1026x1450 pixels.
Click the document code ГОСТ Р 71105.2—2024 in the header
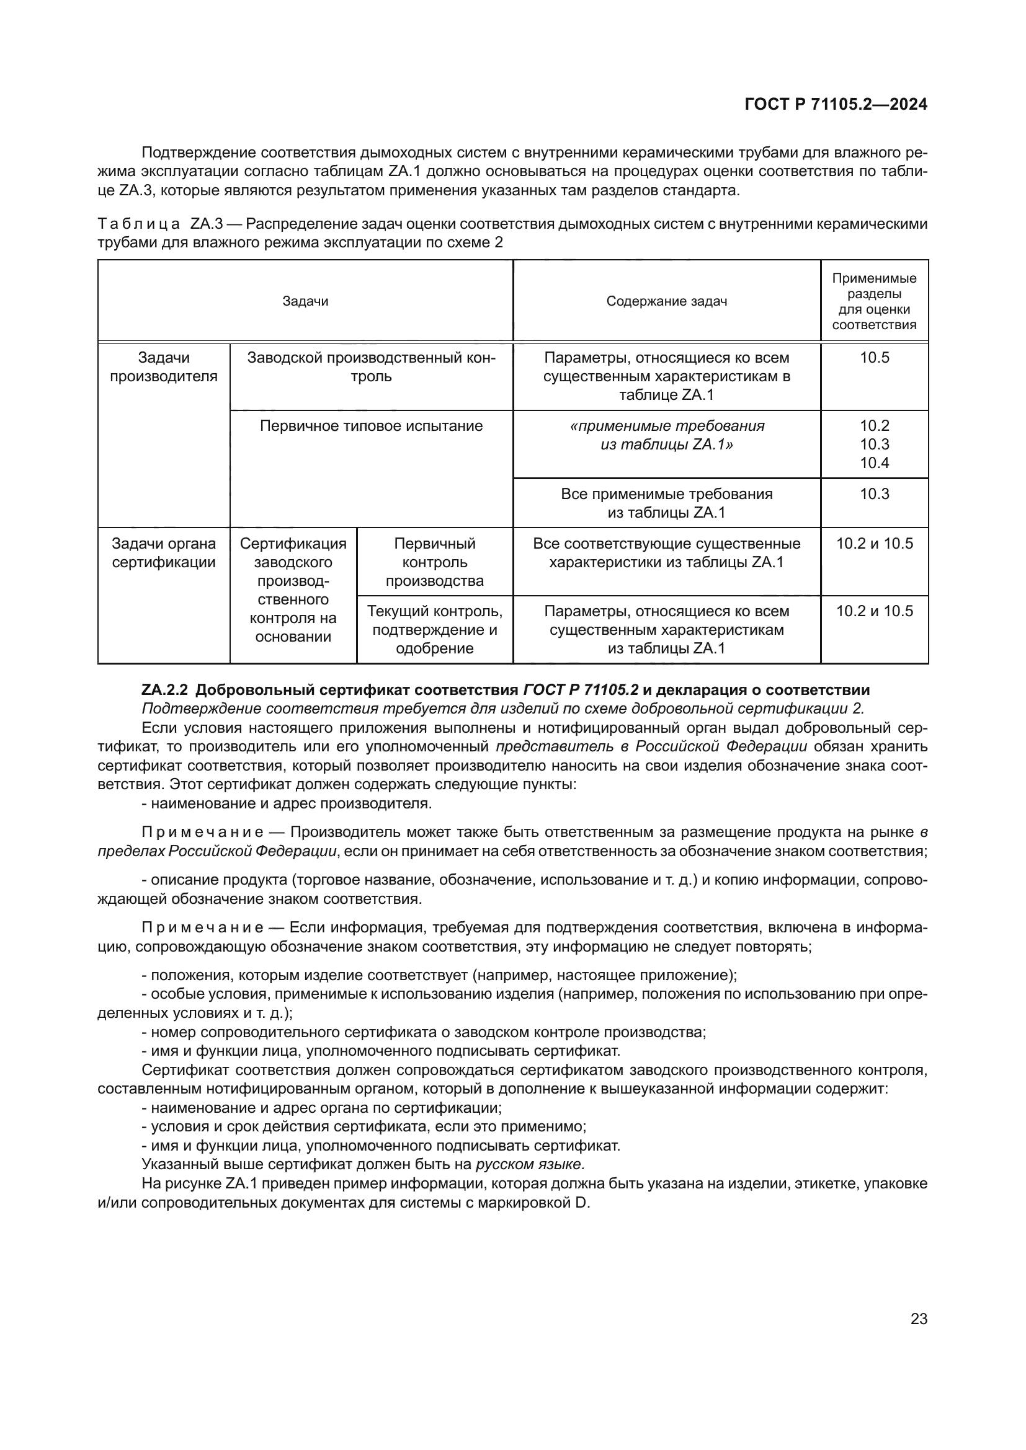[836, 104]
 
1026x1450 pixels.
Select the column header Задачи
[305, 301]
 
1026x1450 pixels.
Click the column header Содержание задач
[666, 301]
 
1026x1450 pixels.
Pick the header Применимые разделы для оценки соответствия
[874, 301]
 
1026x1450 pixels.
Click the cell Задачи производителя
[164, 367]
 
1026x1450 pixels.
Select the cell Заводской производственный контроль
[371, 367]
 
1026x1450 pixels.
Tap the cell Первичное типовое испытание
[371, 426]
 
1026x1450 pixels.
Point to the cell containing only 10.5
[875, 358]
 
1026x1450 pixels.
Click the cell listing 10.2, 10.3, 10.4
[875, 444]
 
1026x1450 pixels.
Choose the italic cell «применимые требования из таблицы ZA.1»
[666, 435]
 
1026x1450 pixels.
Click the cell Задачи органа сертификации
[164, 552]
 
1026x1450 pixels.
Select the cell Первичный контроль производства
[435, 562]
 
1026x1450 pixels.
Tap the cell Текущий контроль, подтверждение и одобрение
[435, 629]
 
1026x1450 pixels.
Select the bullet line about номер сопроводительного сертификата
[423, 1032]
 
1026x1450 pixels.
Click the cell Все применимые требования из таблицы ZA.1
[666, 503]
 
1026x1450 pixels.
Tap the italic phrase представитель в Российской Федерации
[651, 746]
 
